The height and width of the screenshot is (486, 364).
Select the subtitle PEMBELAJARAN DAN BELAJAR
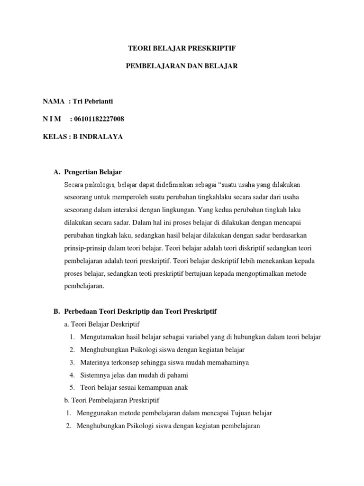[182, 66]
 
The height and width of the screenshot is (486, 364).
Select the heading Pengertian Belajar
[95, 171]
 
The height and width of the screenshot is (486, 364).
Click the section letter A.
[56, 171]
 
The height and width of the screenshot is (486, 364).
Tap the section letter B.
[56, 311]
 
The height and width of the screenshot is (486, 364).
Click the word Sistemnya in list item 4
[95, 375]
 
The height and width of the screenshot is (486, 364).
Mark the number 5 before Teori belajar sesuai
[72, 387]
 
